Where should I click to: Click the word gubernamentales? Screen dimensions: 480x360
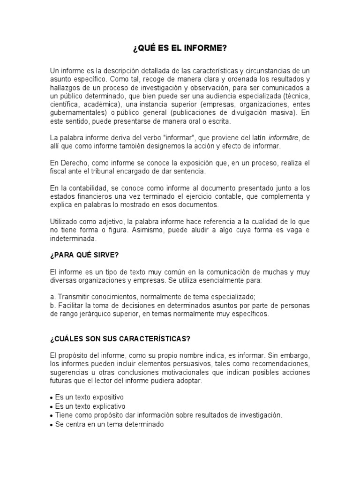click(x=77, y=113)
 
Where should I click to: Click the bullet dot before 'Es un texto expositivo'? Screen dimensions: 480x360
click(x=52, y=398)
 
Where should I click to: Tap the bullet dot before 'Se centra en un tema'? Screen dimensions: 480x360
click(x=52, y=424)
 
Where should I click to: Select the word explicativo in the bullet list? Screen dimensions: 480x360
click(x=108, y=406)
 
